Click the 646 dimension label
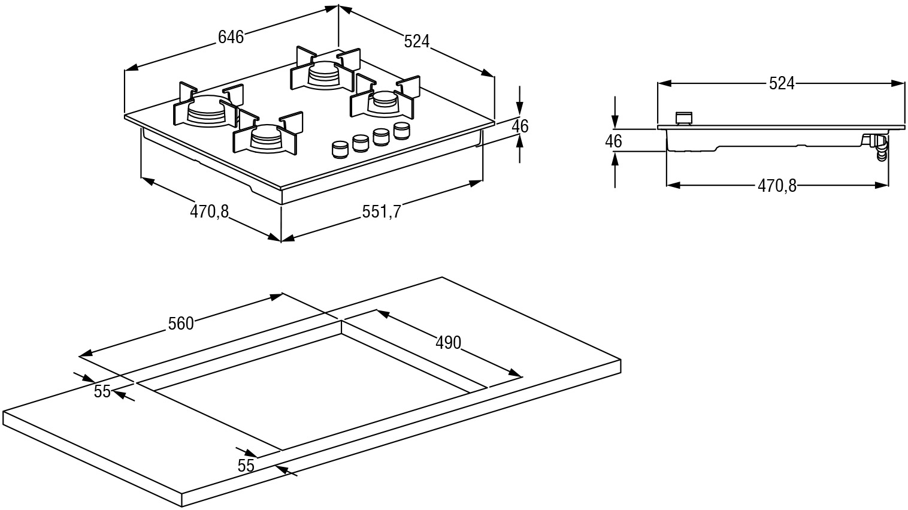click(231, 37)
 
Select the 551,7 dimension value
click(381, 211)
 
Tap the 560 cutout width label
click(181, 324)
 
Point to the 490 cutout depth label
click(448, 342)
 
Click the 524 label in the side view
click(782, 84)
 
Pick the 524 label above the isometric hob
click(417, 41)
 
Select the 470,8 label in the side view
click(777, 186)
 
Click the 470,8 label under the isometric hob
click(210, 211)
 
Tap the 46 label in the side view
click(613, 141)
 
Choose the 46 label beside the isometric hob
click(520, 126)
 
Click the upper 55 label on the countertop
click(102, 391)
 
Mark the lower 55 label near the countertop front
click(246, 465)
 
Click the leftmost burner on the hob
click(205, 110)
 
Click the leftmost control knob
click(340, 150)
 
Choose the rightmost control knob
click(401, 130)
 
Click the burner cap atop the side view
click(683, 118)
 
